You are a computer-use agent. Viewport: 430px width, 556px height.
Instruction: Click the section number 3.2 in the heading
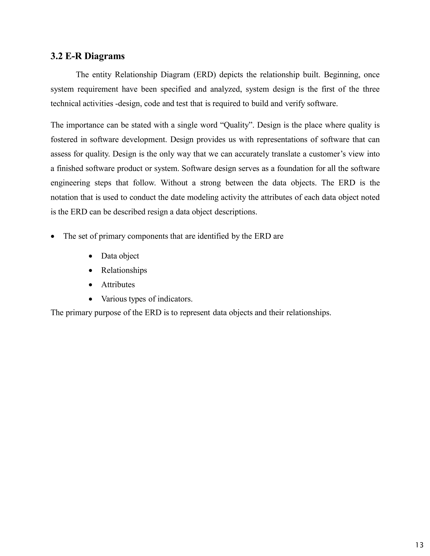(56, 56)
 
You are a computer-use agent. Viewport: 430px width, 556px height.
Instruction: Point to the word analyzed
(226, 89)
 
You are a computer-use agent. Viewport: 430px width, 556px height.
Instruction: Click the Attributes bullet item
(118, 285)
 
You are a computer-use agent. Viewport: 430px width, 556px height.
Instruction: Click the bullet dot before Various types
(90, 299)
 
